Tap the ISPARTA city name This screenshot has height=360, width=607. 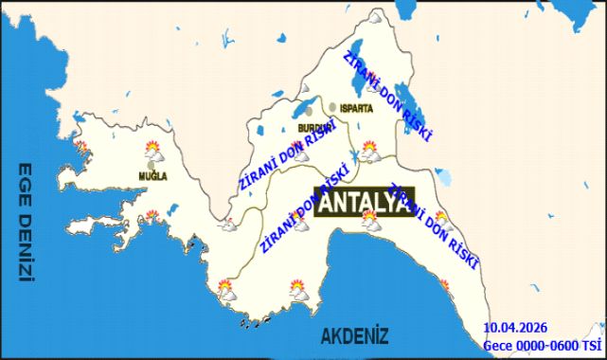[x=355, y=108]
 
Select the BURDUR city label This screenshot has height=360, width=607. [x=315, y=126]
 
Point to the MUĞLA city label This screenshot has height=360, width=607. [x=152, y=176]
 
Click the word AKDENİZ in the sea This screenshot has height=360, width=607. [x=354, y=335]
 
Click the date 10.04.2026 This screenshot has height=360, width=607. [x=515, y=329]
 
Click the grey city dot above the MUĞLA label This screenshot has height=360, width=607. [x=151, y=164]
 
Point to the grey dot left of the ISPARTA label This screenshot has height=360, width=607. [x=333, y=107]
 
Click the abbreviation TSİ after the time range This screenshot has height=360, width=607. [x=593, y=345]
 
